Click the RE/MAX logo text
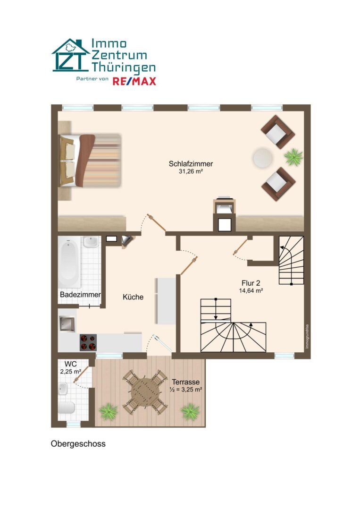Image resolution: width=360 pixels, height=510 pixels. (134, 81)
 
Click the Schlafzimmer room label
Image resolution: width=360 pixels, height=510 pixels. (191, 164)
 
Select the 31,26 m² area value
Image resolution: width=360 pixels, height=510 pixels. (191, 171)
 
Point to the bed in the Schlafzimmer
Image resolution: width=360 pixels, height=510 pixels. (90, 161)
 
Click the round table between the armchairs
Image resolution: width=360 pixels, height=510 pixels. (263, 158)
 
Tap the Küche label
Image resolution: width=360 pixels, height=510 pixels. (133, 297)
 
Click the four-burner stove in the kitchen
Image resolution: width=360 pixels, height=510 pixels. (88, 342)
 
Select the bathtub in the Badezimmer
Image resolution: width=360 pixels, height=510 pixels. (69, 262)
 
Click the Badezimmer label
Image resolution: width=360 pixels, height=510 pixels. (80, 295)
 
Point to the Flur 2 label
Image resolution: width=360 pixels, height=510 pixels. (251, 283)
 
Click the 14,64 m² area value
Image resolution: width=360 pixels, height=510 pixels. (251, 291)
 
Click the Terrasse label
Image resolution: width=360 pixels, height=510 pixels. (185, 382)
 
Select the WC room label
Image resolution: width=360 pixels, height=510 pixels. (70, 364)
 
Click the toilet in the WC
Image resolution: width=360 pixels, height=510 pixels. (67, 407)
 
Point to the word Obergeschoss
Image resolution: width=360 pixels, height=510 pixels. (78, 444)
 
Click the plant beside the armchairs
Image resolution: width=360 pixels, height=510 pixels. (294, 157)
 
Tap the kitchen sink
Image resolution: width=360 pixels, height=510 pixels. (67, 323)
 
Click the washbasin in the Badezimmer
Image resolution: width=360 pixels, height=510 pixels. (91, 242)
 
